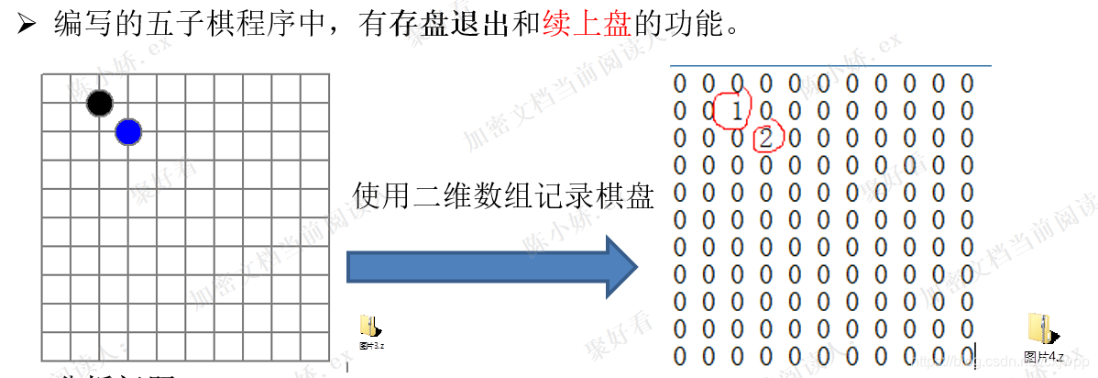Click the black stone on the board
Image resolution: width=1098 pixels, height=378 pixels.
[x=100, y=103]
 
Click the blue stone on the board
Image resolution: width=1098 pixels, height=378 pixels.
[x=128, y=133]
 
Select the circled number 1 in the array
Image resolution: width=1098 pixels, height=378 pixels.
[x=736, y=110]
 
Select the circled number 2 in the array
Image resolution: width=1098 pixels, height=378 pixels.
[x=766, y=139]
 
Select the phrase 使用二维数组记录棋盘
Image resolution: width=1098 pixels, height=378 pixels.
[x=502, y=195]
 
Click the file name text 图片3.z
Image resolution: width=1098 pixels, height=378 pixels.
[x=372, y=346]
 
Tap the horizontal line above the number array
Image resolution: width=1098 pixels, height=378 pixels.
[x=829, y=66]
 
